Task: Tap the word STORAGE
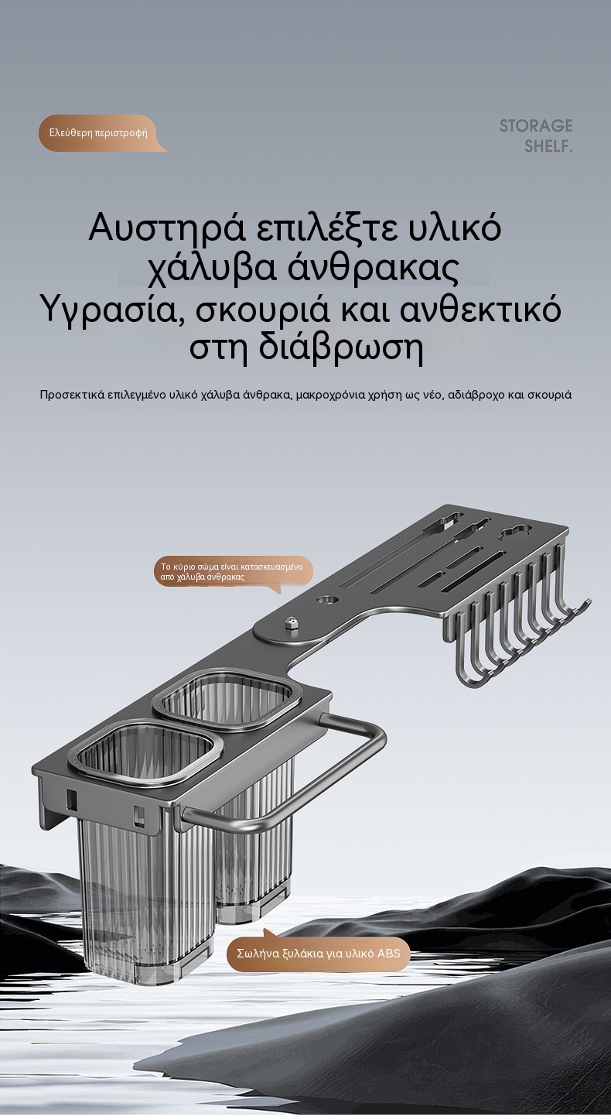click(536, 125)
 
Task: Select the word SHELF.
click(548, 146)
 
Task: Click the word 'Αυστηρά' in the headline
click(167, 228)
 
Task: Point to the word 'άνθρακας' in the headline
click(374, 269)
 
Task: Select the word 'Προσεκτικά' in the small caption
click(71, 395)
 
